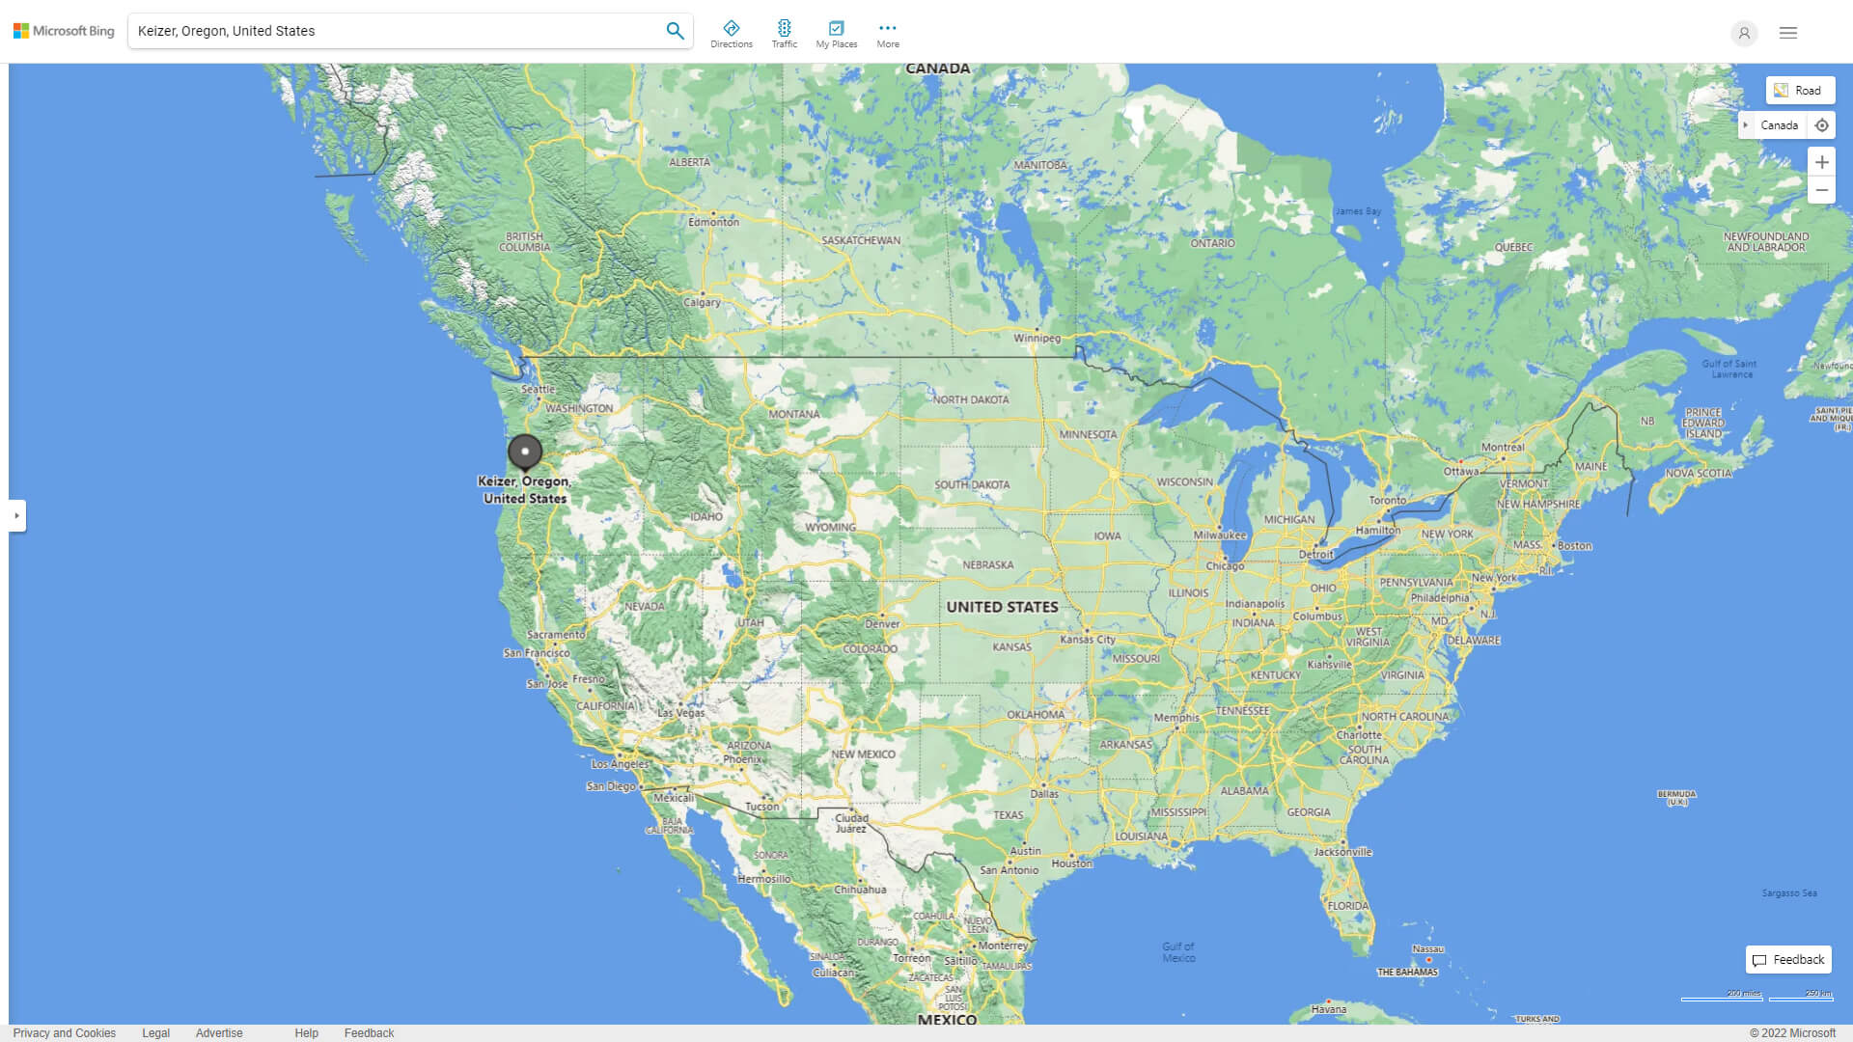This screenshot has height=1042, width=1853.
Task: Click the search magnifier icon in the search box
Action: click(675, 31)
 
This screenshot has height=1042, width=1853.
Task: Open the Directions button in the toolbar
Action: click(732, 33)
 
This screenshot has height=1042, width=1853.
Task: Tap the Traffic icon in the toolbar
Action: click(785, 33)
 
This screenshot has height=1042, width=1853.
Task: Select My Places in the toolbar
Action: click(836, 33)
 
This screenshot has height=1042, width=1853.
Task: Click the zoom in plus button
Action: click(1821, 162)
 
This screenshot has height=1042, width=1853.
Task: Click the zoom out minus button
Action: click(1821, 190)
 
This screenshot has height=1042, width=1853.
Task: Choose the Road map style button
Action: click(1800, 91)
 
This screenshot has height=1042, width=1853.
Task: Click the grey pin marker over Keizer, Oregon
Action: click(525, 451)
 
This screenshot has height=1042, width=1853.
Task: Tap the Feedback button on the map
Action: click(1788, 959)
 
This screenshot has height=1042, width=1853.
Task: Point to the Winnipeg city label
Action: click(1037, 338)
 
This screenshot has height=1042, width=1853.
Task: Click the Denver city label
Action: click(882, 623)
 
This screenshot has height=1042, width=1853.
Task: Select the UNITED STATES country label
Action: click(1002, 607)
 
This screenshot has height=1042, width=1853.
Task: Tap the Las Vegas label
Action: click(681, 713)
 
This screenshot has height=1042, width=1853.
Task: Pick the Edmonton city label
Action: click(713, 222)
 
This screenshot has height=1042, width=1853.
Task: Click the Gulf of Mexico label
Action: click(1178, 952)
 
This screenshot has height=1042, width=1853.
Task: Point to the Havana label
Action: click(1329, 1009)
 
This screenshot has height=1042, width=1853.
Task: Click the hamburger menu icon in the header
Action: click(1788, 33)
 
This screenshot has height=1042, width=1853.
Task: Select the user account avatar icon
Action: click(1744, 33)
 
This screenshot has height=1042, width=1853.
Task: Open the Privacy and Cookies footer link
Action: click(65, 1032)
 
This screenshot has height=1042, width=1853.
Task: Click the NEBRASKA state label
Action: click(987, 565)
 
